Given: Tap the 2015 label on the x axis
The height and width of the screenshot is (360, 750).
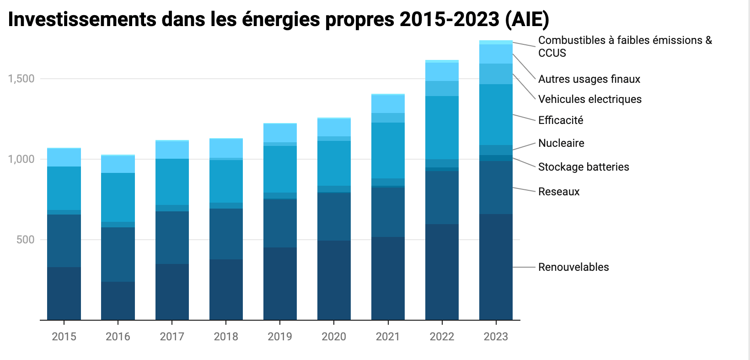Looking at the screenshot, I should (64, 337).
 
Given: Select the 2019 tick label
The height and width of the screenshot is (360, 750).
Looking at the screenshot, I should (280, 337).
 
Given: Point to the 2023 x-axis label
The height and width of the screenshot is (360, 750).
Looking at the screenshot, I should (496, 337).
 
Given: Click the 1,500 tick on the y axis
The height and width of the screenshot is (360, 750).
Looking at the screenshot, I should (21, 79).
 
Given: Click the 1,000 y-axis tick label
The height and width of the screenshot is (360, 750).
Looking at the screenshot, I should (21, 159).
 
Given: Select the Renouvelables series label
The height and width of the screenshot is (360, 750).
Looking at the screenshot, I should (573, 267).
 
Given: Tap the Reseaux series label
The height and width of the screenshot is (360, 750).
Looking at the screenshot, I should (559, 192).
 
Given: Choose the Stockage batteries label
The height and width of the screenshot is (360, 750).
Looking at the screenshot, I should (584, 167).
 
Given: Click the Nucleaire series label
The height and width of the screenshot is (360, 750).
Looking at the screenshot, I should (561, 143).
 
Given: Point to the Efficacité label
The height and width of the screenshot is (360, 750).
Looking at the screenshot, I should (561, 120).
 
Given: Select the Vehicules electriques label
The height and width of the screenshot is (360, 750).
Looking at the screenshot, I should (590, 99).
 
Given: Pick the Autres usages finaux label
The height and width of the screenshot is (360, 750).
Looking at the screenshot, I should (589, 79).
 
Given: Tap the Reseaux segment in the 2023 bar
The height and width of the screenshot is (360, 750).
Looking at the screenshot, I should (496, 188).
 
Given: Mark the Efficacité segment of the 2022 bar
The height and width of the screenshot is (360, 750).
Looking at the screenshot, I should (442, 128).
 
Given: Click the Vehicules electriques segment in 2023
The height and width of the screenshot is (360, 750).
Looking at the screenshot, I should (496, 74).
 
